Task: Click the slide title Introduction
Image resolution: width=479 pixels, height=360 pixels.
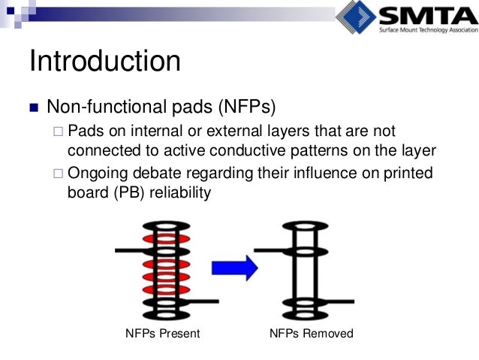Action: click(x=104, y=62)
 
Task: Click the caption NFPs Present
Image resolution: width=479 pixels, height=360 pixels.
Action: click(x=162, y=333)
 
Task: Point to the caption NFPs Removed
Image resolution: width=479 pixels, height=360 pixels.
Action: click(x=310, y=333)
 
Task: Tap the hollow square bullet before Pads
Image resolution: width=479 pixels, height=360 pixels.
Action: click(x=59, y=132)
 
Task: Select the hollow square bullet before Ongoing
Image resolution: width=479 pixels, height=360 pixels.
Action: click(x=59, y=174)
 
